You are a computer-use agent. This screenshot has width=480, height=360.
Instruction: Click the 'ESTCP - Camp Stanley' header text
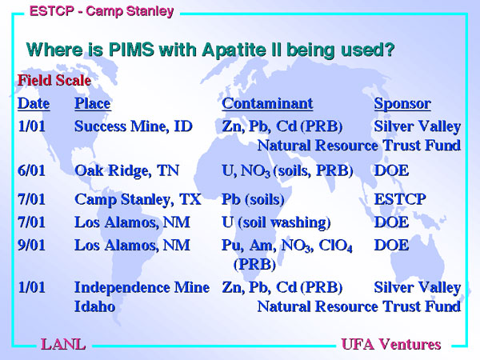102,11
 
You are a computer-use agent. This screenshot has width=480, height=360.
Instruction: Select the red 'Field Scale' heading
54,81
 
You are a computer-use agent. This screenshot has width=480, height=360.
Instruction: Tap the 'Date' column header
34,103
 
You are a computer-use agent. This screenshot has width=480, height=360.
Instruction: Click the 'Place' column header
93,103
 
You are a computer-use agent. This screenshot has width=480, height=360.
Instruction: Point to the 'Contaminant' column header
267,103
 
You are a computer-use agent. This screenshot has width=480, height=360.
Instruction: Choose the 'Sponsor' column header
402,104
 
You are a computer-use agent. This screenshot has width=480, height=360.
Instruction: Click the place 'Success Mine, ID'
134,126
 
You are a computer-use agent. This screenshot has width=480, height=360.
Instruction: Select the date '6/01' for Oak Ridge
31,170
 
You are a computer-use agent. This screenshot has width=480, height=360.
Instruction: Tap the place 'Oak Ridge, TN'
126,171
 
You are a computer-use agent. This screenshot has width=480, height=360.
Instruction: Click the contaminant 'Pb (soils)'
253,199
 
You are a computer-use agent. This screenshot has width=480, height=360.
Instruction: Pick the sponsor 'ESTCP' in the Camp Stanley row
400,199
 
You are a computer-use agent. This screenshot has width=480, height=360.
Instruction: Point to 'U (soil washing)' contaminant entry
276,222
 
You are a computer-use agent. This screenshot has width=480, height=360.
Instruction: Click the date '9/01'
31,246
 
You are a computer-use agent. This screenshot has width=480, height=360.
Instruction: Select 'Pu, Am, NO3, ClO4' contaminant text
287,246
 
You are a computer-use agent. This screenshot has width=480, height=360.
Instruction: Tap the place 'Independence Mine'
142,287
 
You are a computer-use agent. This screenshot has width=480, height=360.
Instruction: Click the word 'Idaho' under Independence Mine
95,306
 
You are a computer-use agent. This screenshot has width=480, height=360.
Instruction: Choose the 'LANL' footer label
63,344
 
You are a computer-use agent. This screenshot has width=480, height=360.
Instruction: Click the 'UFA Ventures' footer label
391,344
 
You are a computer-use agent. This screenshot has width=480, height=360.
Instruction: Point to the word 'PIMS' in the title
131,50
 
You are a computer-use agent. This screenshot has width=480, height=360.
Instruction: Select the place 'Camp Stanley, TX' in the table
138,200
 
